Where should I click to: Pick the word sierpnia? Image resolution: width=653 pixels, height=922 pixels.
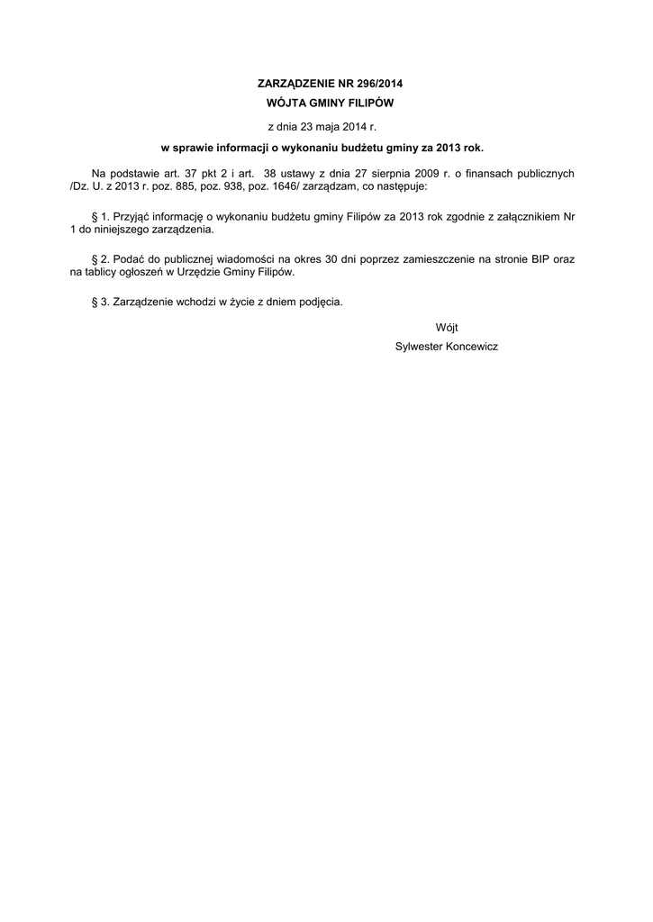(x=400, y=172)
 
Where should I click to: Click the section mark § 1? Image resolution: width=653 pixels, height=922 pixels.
(x=100, y=217)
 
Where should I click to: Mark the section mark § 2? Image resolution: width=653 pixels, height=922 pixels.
(x=100, y=258)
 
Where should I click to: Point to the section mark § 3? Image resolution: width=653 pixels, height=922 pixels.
(x=100, y=303)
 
